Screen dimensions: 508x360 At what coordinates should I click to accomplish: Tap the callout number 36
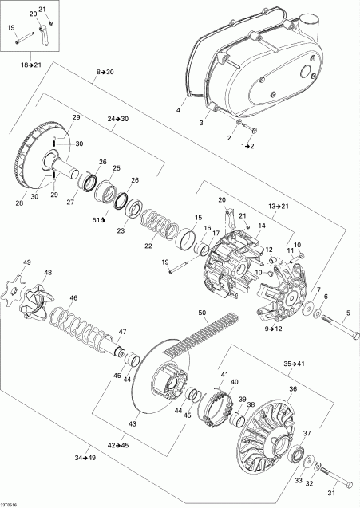point(293,388)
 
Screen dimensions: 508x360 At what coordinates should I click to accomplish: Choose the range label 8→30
point(105,73)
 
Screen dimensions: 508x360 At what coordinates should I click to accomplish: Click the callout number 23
point(122,231)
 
